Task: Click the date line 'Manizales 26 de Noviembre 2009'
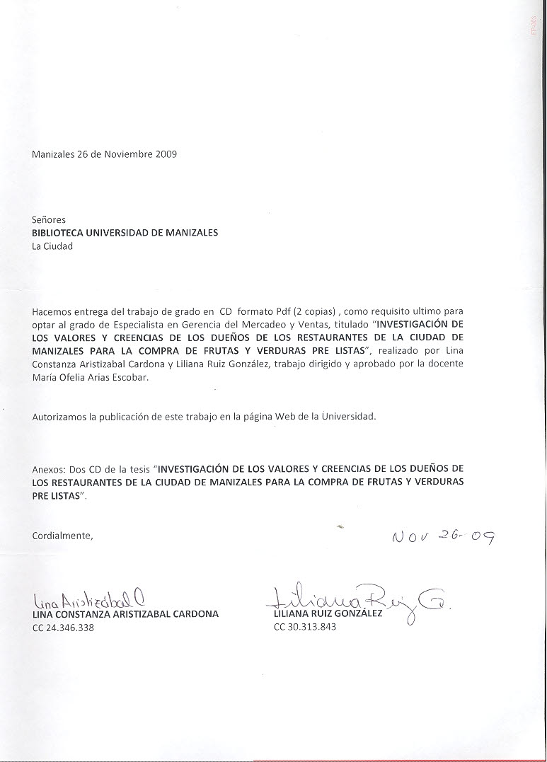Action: click(104, 154)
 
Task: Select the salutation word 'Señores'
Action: click(49, 220)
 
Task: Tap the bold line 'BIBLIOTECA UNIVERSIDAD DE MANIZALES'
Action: click(125, 233)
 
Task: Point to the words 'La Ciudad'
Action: click(52, 246)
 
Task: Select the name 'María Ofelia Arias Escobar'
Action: click(91, 376)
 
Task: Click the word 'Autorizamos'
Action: click(60, 417)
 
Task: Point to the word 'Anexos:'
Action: click(49, 469)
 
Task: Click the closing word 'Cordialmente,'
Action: click(62, 536)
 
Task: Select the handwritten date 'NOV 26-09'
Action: click(442, 540)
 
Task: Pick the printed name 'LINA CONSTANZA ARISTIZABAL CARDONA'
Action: click(125, 614)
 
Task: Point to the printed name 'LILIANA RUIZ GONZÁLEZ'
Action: click(328, 613)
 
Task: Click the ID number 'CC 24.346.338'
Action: click(63, 628)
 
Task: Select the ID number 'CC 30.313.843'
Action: click(304, 627)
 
